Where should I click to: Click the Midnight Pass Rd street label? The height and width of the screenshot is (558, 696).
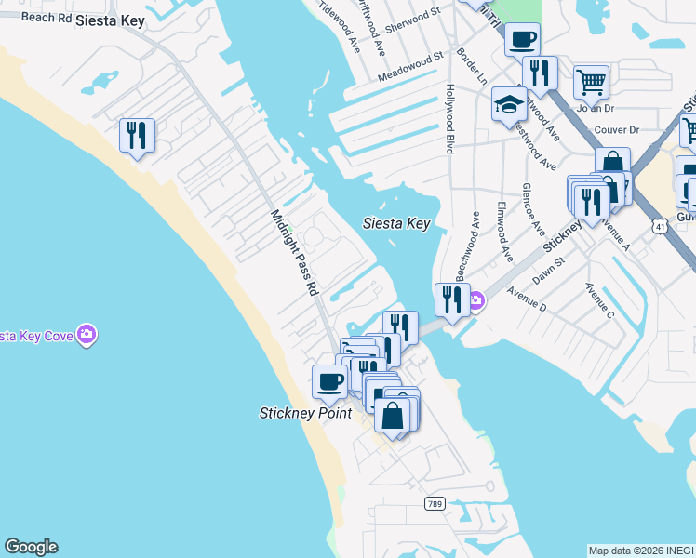click(x=294, y=253)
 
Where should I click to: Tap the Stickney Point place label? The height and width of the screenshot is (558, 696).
click(x=304, y=412)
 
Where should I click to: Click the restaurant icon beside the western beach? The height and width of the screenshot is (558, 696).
click(x=137, y=135)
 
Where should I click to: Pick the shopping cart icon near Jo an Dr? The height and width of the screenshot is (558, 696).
click(x=591, y=82)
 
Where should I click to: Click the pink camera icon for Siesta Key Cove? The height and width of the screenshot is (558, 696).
click(x=87, y=334)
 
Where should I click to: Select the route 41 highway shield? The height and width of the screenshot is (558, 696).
click(x=659, y=226)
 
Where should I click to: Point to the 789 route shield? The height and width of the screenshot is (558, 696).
click(x=435, y=503)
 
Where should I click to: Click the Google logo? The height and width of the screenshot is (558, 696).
click(x=31, y=547)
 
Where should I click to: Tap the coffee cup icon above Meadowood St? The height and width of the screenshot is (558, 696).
click(x=522, y=39)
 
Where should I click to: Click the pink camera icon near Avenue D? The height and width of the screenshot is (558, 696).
click(x=475, y=299)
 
